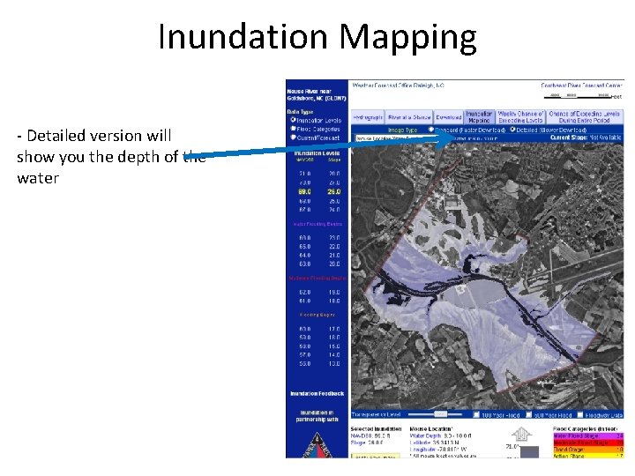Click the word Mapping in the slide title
pos(407,37)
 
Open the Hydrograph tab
pos(367,116)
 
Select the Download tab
pos(448,116)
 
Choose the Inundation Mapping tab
pos(479,116)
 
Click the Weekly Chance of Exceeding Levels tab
pos(521,116)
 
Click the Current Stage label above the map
pos(572,138)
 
